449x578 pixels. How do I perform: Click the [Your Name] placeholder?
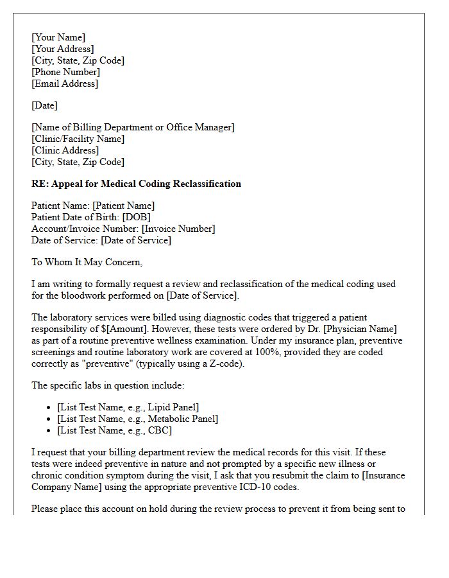pyautogui.click(x=58, y=37)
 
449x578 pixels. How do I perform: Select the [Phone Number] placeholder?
pyautogui.click(x=65, y=72)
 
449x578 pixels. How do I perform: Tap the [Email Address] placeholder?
pyautogui.click(x=65, y=83)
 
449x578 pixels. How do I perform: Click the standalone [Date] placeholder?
pyautogui.click(x=44, y=105)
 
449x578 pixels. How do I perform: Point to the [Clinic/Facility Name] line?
pyautogui.click(x=78, y=139)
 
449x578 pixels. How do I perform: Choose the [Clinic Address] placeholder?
pyautogui.click(x=65, y=150)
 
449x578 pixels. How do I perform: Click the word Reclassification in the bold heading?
pyautogui.click(x=205, y=184)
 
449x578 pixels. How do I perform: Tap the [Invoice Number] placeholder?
pyautogui.click(x=178, y=229)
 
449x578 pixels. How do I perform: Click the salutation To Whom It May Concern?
pyautogui.click(x=87, y=262)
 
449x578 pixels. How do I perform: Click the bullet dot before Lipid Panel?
pyautogui.click(x=49, y=408)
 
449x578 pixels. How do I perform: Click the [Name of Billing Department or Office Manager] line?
pyautogui.click(x=133, y=127)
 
